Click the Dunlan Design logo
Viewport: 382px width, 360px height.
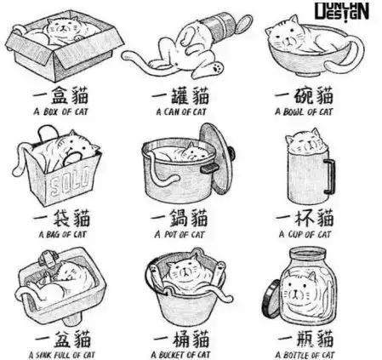tap(342, 12)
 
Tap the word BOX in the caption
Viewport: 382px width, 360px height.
tap(50, 111)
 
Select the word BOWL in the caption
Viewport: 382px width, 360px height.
tap(294, 111)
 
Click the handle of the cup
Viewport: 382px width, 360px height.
tap(330, 176)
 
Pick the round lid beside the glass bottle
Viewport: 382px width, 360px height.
tap(271, 299)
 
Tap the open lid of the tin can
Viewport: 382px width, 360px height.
tap(244, 23)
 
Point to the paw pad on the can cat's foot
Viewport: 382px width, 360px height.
tap(217, 67)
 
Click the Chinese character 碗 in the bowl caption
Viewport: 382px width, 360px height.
tap(303, 96)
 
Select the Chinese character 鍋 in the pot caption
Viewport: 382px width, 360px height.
tap(180, 218)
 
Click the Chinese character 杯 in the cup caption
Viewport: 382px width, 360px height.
tap(305, 218)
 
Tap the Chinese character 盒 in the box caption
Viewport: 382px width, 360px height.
tap(59, 95)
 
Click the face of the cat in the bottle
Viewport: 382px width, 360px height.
tap(295, 291)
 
